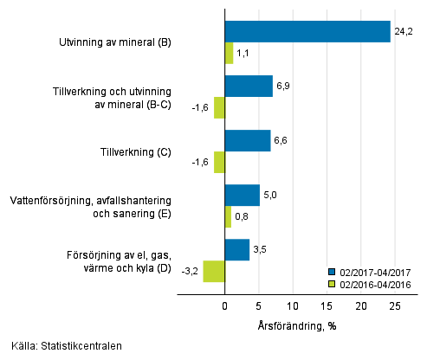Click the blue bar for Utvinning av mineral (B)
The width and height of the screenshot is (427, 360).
pyautogui.click(x=307, y=32)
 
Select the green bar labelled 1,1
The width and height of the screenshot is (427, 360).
pyautogui.click(x=229, y=54)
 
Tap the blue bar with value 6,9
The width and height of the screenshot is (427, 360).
pyautogui.click(x=249, y=87)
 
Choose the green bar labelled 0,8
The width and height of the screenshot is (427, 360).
pyautogui.click(x=228, y=216)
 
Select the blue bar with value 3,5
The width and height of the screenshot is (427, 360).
pyautogui.click(x=236, y=250)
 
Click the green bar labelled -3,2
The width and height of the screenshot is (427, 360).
pyautogui.click(x=214, y=271)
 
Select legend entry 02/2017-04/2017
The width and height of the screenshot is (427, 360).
pyautogui.click(x=375, y=271)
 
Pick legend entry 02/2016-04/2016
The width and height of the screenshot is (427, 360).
pyautogui.click(x=375, y=283)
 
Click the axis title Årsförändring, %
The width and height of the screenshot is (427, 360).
pyautogui.click(x=297, y=325)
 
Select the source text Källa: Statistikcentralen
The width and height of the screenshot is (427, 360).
pyautogui.click(x=67, y=346)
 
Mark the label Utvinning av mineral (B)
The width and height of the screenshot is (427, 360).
pyautogui.click(x=119, y=42)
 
